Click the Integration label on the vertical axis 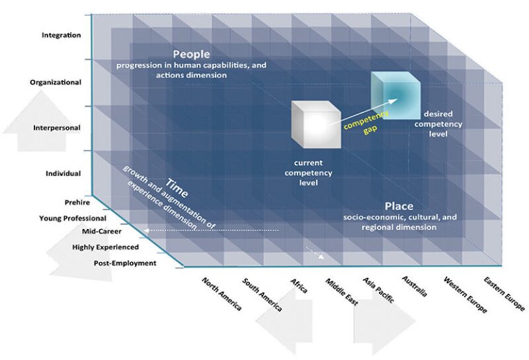point(60,36)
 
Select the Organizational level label point(56,82)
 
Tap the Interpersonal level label point(58,128)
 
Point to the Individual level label point(63,173)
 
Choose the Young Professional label point(73,218)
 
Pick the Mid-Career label point(101,232)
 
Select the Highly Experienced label point(106,247)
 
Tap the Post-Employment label point(125,263)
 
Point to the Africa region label point(299,286)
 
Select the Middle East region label point(341,292)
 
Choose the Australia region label point(417,289)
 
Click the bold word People point(191,54)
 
